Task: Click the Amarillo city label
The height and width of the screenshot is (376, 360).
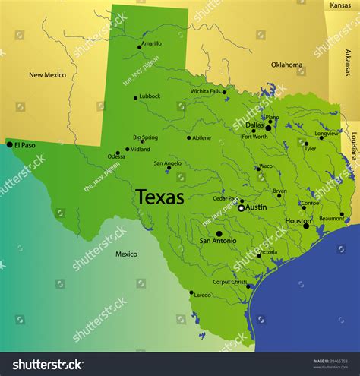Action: [152, 43]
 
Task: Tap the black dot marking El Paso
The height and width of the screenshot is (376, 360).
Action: [9, 144]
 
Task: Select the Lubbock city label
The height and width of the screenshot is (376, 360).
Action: [150, 96]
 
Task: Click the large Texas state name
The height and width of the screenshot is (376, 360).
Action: [159, 197]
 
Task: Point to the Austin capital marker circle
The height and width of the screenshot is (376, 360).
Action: [241, 207]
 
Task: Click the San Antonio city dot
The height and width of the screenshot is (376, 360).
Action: [219, 233]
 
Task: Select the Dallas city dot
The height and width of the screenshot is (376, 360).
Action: [268, 128]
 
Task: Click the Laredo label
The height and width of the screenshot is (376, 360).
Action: [203, 294]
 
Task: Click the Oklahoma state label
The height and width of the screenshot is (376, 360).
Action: [287, 65]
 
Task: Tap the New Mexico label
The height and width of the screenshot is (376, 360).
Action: [47, 74]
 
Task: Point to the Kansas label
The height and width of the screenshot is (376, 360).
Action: [341, 5]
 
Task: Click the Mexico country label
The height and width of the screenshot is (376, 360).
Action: [126, 254]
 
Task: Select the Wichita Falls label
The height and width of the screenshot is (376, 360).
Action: [205, 91]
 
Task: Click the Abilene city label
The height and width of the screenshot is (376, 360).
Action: [201, 137]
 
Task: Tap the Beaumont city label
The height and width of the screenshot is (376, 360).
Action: [331, 218]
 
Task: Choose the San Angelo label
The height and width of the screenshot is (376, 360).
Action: [167, 163]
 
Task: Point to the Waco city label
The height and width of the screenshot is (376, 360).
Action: [266, 166]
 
